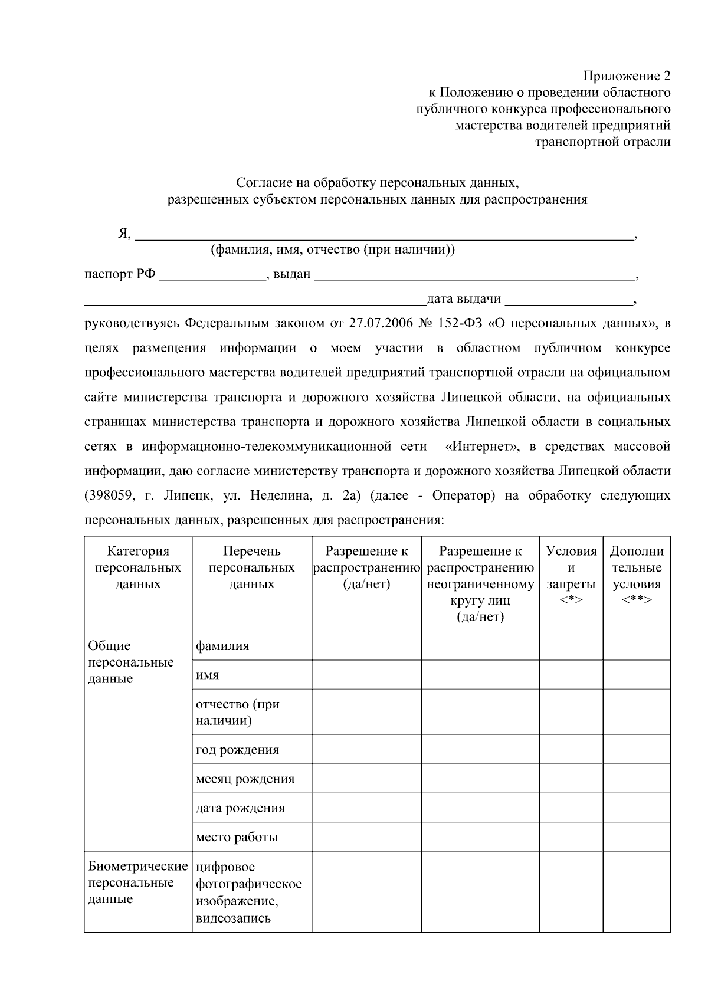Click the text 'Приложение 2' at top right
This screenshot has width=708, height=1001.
[x=627, y=76]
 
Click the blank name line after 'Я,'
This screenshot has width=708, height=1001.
[x=383, y=235]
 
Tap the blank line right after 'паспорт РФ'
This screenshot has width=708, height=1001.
[x=212, y=276]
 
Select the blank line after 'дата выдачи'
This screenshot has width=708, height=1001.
[x=569, y=300]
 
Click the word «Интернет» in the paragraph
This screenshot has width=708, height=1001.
[x=483, y=447]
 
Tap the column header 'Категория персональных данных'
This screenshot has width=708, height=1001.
[x=138, y=567]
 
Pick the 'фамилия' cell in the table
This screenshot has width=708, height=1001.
[x=222, y=646]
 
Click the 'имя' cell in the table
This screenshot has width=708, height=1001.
[x=208, y=675]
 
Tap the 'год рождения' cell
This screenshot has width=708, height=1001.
[x=237, y=750]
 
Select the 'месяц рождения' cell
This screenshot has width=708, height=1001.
[x=245, y=779]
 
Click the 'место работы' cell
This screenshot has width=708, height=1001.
[x=237, y=838]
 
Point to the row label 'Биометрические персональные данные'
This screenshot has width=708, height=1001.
[x=137, y=883]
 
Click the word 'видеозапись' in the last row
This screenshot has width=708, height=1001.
[x=233, y=918]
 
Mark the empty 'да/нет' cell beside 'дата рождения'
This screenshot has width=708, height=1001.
[x=366, y=808]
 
